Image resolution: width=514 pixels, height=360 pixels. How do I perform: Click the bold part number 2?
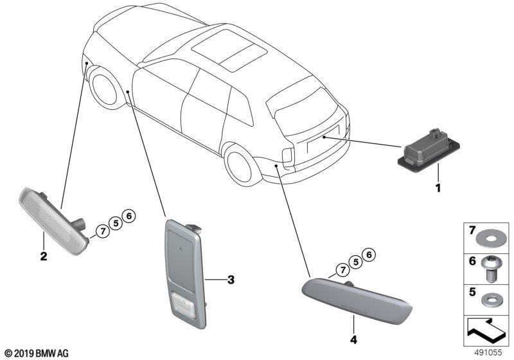44,256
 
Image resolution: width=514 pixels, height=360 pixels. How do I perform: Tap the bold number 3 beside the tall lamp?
231,280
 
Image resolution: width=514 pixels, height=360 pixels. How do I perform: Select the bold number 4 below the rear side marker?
353,339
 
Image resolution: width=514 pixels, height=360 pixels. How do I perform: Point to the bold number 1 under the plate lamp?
438,188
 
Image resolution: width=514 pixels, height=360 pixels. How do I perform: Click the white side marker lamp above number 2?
53,222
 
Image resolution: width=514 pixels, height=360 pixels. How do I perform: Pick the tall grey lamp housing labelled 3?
186,274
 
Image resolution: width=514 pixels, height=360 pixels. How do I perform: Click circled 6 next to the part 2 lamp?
128,216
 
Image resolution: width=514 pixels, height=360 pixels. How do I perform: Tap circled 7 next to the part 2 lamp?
103,231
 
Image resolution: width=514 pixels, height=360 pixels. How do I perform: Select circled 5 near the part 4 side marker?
356,262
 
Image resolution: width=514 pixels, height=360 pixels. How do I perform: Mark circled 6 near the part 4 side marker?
369,255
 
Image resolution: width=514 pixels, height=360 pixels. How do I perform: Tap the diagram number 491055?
488,352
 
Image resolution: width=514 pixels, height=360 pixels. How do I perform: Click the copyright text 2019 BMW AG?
37,354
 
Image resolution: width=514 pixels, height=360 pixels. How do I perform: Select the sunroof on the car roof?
229,50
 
